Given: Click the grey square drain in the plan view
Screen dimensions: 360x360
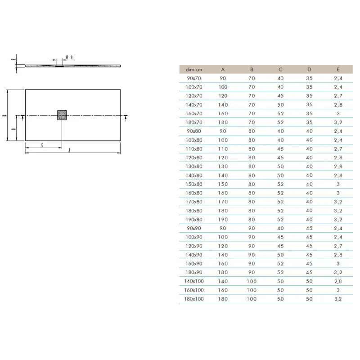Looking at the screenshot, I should [62, 115].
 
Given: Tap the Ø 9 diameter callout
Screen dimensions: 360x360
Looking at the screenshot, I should [70, 57].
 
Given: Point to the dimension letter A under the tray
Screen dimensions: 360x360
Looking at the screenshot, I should [69, 151].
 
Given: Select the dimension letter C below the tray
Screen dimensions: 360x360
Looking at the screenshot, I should [42, 144].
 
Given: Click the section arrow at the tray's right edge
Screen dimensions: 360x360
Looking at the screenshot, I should [125, 117].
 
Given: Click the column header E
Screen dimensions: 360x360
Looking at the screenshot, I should [338, 69].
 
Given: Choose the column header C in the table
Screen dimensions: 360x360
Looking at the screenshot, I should [280, 69].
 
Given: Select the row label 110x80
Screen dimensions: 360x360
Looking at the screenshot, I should [194, 149].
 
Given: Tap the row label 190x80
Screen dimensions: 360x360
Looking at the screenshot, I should [194, 220].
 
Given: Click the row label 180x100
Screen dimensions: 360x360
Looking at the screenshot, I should [194, 299].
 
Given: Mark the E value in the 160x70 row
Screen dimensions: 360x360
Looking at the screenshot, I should [338, 114].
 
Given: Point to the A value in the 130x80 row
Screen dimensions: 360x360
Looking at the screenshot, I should [223, 166].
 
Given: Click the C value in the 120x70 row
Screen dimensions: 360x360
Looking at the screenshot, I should [280, 96].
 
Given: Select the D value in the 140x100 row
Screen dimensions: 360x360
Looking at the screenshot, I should [309, 281].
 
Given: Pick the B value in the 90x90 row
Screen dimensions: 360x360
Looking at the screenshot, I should [252, 228].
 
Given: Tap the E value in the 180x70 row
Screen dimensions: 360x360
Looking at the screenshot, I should [338, 122].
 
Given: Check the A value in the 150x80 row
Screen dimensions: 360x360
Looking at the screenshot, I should [223, 184].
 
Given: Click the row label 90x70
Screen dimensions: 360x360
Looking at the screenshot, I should [194, 78].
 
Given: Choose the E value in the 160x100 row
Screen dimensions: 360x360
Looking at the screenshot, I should [338, 290].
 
